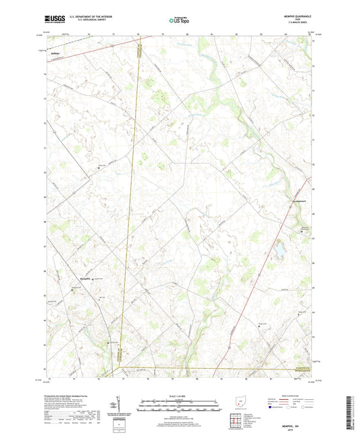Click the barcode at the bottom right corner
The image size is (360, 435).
pos(352,409)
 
